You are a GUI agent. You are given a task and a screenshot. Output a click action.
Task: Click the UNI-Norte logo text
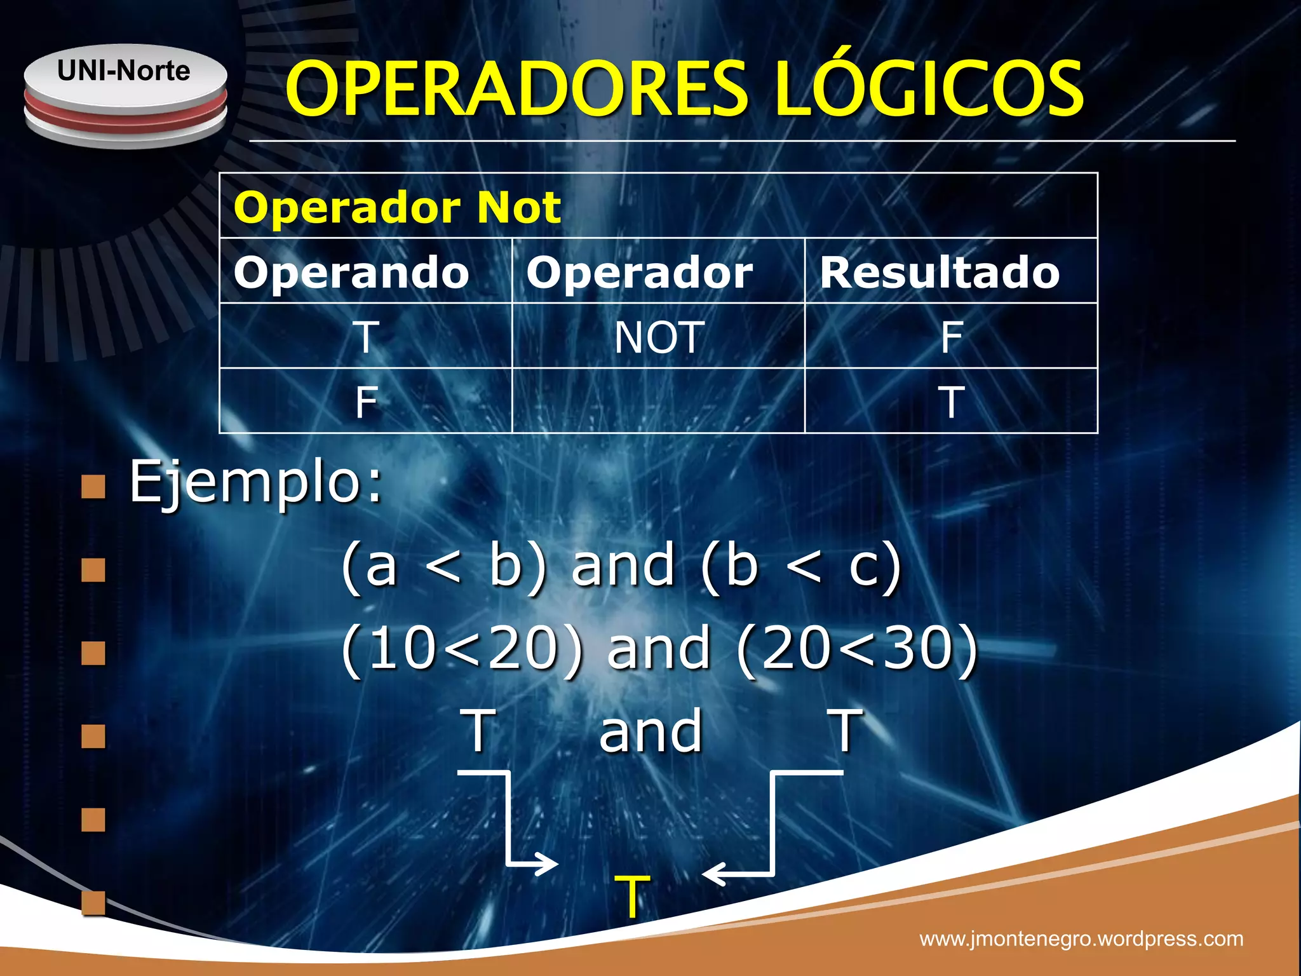(123, 71)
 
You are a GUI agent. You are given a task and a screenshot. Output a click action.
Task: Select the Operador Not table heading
(398, 207)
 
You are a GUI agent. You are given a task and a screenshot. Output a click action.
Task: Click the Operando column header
(351, 273)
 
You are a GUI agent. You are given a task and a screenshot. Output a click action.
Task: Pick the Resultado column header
(940, 273)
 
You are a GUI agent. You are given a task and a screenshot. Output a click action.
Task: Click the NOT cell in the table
(659, 337)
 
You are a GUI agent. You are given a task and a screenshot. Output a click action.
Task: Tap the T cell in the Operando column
(367, 337)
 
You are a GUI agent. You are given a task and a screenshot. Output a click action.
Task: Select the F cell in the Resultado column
(952, 337)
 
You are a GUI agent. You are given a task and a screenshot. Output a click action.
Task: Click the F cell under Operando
(367, 402)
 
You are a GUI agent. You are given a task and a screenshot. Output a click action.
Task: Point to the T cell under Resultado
(952, 402)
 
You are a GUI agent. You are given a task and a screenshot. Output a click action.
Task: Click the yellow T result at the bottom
(632, 896)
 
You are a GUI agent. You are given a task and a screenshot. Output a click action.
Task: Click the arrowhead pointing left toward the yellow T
(713, 874)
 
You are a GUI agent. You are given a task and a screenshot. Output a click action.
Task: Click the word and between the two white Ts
(650, 732)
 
